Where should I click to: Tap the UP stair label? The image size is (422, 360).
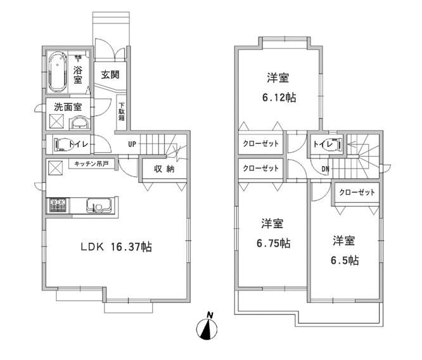tap(132, 144)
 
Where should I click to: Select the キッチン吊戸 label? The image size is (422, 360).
tap(91, 164)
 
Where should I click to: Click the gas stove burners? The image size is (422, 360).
tap(58, 205)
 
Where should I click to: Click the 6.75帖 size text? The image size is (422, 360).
tap(274, 243)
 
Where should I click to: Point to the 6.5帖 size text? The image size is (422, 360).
tap(345, 260)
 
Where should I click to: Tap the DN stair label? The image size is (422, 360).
tap(324, 169)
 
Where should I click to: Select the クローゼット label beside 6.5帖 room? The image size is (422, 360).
tap(357, 192)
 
